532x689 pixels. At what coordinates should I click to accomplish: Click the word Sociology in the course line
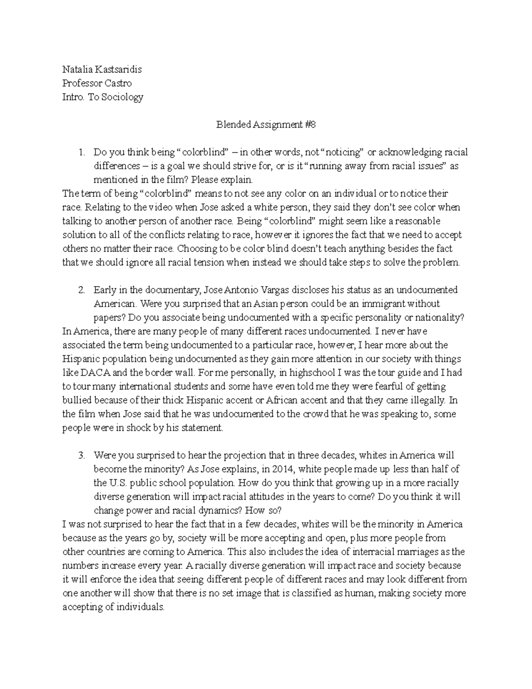122,97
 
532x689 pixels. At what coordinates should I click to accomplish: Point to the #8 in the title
310,125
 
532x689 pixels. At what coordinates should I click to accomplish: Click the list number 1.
81,153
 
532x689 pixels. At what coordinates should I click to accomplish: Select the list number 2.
81,290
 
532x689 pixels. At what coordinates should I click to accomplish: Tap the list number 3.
81,456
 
